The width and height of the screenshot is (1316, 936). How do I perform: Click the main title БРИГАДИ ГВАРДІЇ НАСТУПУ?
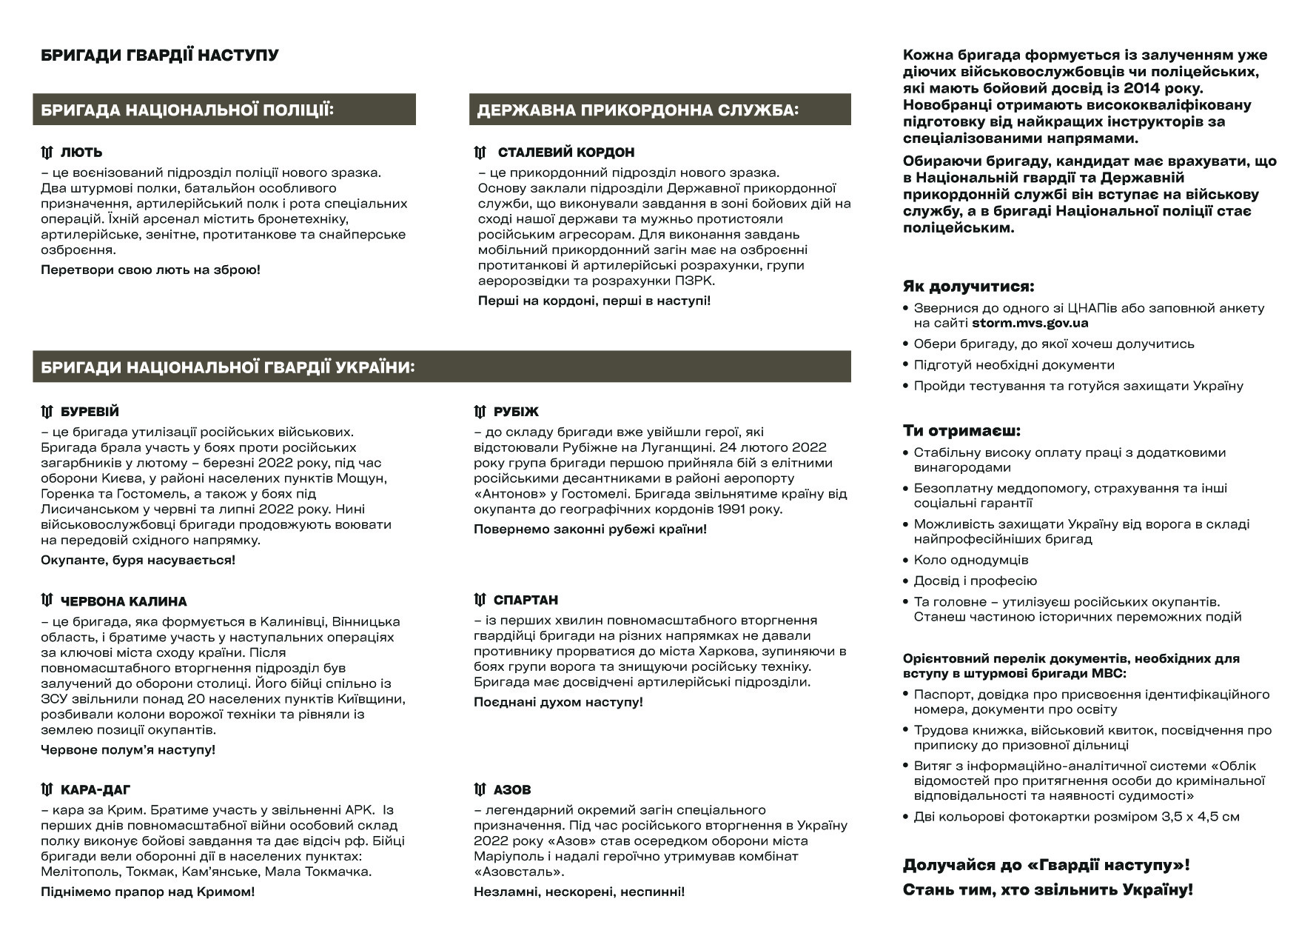click(x=159, y=56)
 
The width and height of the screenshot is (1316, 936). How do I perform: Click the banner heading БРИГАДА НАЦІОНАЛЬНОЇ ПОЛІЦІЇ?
click(x=187, y=110)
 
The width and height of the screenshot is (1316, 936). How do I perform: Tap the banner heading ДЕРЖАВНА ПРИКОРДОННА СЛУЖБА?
click(x=638, y=110)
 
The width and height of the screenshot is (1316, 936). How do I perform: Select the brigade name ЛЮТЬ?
click(x=81, y=153)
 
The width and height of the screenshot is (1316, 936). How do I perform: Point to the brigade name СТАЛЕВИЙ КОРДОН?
click(x=566, y=153)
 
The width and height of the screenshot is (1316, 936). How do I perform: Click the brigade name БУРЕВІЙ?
click(x=90, y=412)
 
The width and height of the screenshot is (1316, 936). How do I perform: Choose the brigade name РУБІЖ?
click(x=517, y=412)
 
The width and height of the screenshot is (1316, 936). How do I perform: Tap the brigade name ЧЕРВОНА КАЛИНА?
click(x=124, y=601)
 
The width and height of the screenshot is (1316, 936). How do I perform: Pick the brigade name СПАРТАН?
click(x=526, y=600)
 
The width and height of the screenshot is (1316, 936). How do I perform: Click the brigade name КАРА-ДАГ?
click(x=95, y=790)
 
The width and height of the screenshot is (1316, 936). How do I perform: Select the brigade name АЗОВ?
click(x=512, y=790)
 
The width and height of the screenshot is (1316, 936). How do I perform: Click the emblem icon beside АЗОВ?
click(x=480, y=789)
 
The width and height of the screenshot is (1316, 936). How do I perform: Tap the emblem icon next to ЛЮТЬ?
click(x=47, y=153)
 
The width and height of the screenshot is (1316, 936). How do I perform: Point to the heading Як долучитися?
click(x=968, y=287)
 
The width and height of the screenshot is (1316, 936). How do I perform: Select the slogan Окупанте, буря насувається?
click(x=138, y=560)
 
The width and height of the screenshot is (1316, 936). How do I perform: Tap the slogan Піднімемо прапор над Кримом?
click(x=147, y=892)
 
